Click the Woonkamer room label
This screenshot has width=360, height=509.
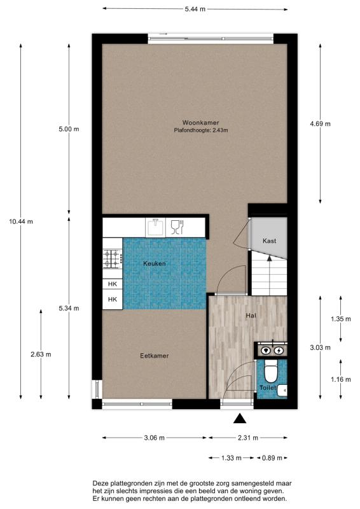tap(200, 123)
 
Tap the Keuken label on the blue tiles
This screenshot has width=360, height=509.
tap(155, 263)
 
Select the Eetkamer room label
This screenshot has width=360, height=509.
tap(154, 356)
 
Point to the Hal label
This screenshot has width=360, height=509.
tap(251, 315)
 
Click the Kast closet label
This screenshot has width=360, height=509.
tap(270, 241)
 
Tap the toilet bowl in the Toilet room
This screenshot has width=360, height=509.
tap(270, 373)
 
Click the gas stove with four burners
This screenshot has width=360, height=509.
tap(113, 258)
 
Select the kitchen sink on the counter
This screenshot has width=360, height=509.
tap(155, 227)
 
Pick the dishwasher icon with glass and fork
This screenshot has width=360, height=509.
tap(177, 227)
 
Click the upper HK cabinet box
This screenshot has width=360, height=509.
tap(113, 284)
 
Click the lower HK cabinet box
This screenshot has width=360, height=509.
tap(113, 299)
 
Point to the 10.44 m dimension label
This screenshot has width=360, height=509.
tap(21, 221)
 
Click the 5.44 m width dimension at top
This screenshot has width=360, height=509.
tap(195, 9)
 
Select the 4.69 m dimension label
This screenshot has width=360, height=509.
tap(320, 123)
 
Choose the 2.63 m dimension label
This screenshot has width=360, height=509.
tap(41, 354)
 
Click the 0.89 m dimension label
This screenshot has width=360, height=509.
tap(272, 458)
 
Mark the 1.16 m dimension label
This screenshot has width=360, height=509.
tap(341, 379)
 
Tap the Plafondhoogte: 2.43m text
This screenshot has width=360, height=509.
tap(201, 130)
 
